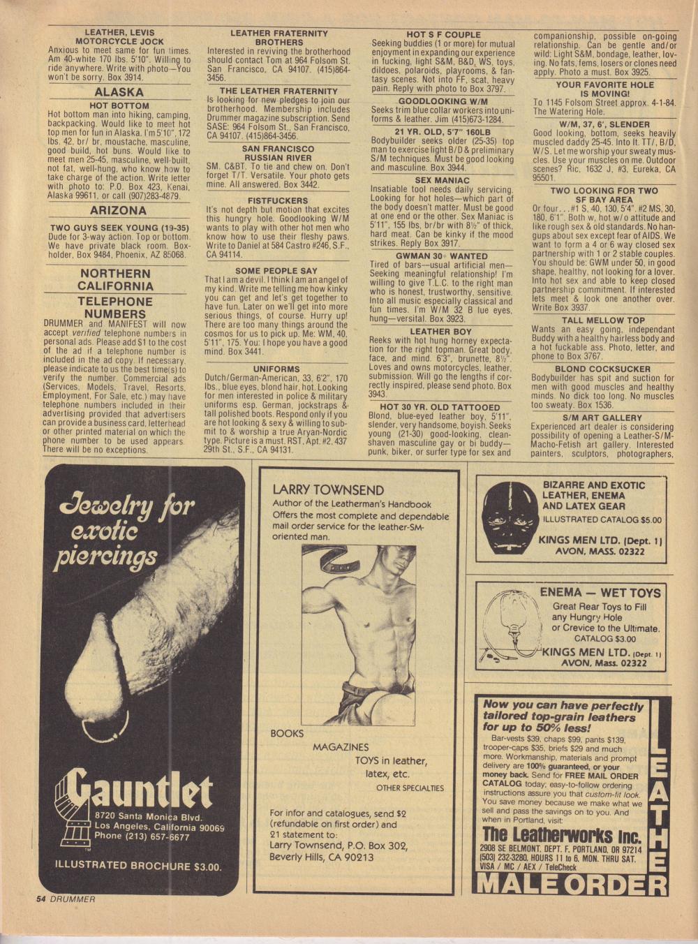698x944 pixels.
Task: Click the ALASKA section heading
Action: pos(119,92)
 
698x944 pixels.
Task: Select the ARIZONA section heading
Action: pos(119,210)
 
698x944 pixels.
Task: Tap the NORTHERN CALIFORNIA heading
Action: pos(115,279)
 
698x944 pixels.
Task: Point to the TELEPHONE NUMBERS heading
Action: pos(115,307)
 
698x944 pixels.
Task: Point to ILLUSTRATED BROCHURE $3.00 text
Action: pos(138,866)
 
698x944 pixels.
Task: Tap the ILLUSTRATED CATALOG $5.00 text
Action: pos(602,519)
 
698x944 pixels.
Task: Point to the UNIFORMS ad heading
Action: pos(276,369)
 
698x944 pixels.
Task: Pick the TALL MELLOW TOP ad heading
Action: pos(603,320)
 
